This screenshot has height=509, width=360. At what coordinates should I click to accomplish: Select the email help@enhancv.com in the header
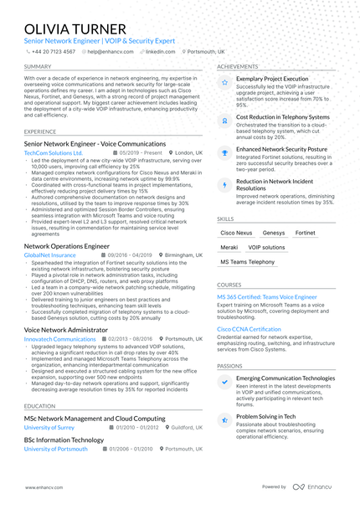108,51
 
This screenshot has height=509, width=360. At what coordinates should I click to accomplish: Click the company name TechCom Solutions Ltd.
54,153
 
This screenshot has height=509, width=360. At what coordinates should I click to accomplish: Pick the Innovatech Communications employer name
59,339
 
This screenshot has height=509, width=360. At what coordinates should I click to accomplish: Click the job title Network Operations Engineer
67,247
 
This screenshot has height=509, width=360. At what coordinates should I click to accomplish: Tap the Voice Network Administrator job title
66,330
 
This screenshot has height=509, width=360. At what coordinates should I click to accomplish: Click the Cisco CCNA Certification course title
249,329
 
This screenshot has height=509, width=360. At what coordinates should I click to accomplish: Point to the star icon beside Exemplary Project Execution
224,83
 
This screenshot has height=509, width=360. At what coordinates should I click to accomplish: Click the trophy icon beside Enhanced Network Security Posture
224,152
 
